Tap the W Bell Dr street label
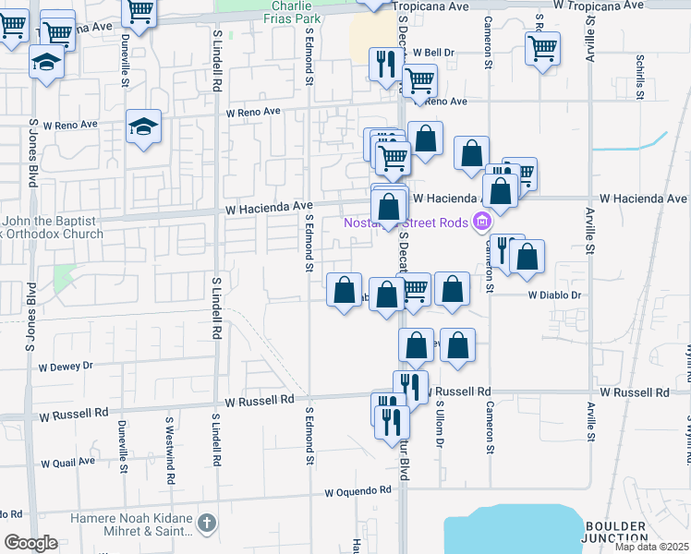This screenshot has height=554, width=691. tap(434, 53)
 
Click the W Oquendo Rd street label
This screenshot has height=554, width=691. tap(358, 492)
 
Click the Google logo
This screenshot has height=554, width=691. tap(31, 543)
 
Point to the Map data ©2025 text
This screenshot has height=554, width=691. tap(652, 546)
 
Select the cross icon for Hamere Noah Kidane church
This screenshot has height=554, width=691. tap(207, 524)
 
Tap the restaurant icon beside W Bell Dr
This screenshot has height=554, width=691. tap(384, 63)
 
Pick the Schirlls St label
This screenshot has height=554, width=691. tap(639, 72)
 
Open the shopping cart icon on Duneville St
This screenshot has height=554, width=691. tap(139, 12)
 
